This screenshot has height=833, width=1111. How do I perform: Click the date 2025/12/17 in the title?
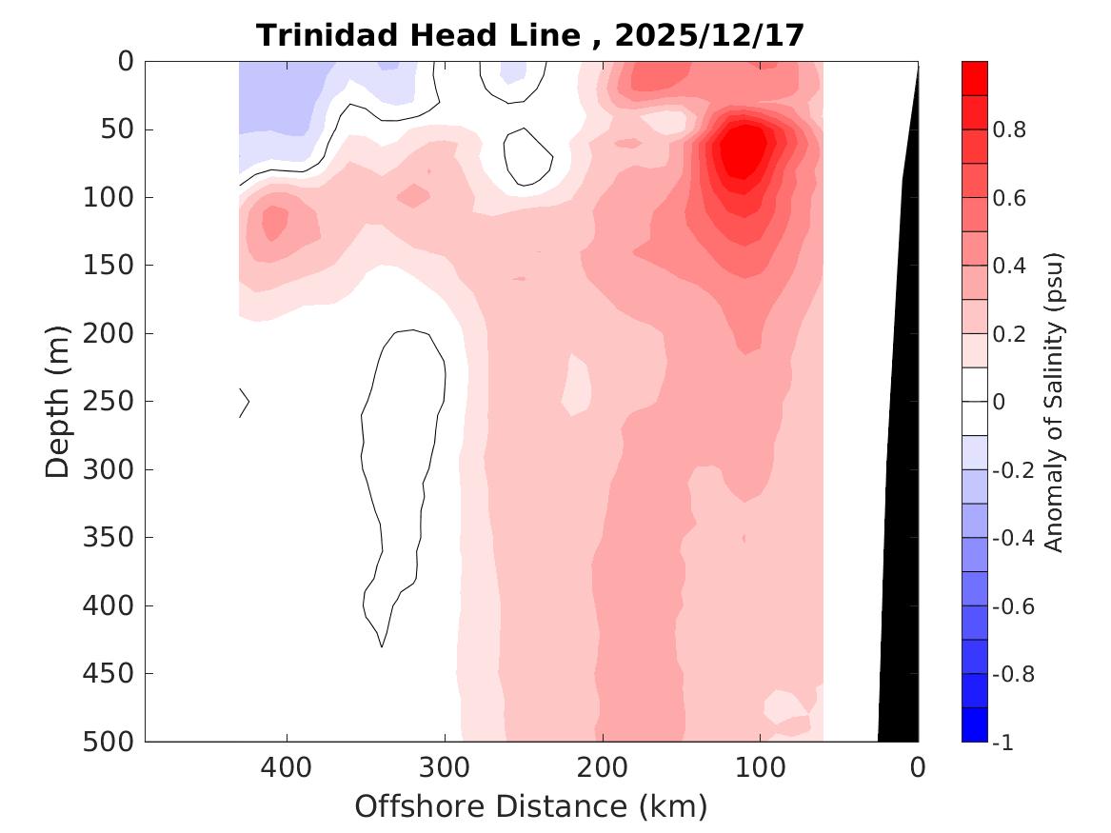point(709,36)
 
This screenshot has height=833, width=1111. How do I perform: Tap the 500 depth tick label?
point(112,742)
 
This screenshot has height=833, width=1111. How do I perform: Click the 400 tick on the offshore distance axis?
point(287,767)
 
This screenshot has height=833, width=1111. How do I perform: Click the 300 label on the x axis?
point(445,767)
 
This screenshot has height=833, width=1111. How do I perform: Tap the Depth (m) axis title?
point(59,400)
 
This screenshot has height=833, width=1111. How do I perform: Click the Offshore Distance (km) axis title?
point(531,807)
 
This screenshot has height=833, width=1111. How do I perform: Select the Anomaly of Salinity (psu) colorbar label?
point(1053,402)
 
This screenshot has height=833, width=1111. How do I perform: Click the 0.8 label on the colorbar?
point(1009,130)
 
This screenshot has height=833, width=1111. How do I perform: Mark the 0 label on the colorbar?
point(998,403)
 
